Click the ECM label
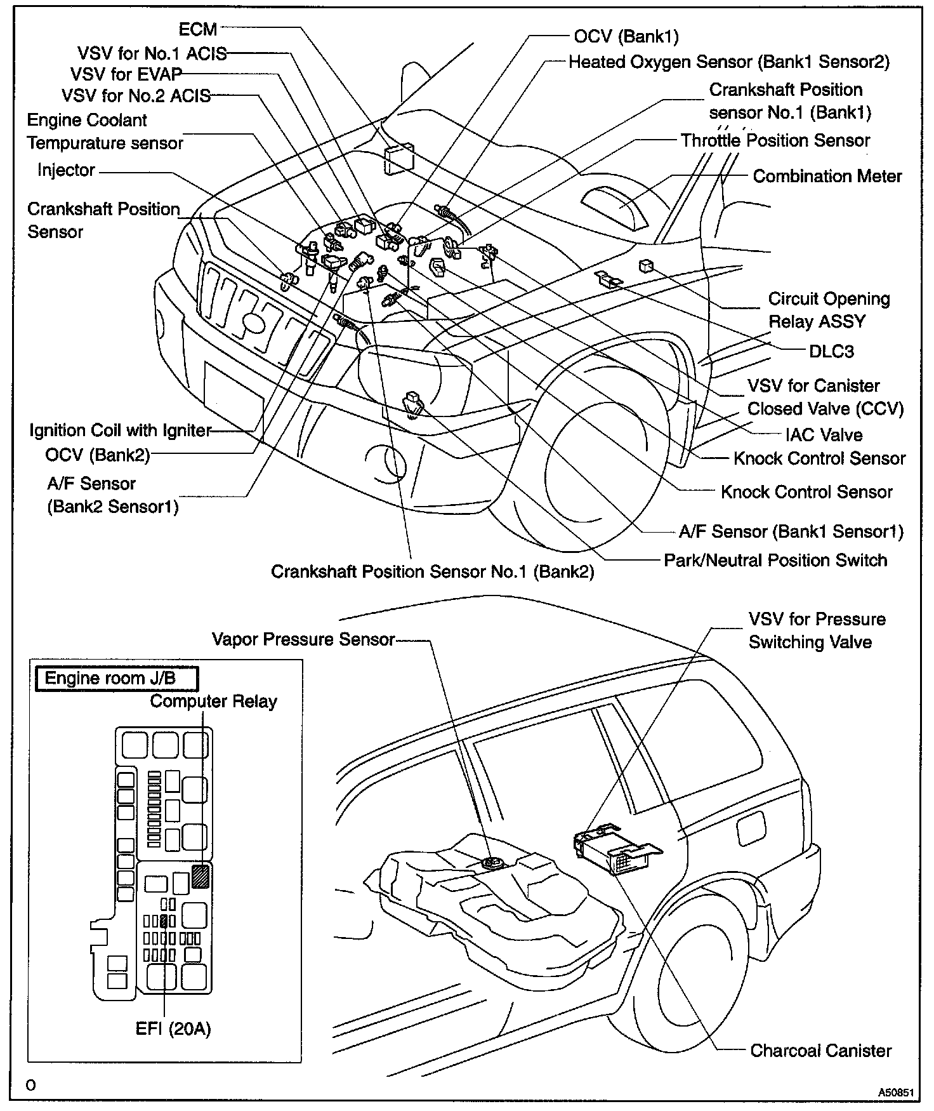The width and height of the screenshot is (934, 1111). tap(198, 29)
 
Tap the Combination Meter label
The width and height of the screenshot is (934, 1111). tap(827, 176)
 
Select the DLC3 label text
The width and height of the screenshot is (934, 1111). tap(831, 351)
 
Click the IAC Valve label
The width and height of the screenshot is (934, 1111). tap(824, 435)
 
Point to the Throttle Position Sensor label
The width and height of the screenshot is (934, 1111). tap(775, 140)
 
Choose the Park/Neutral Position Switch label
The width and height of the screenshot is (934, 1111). tap(775, 560)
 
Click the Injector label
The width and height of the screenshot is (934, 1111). tap(66, 170)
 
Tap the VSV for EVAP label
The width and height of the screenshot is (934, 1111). tap(126, 74)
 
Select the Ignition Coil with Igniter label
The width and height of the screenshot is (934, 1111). tap(120, 430)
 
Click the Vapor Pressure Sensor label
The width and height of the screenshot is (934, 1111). tap(303, 639)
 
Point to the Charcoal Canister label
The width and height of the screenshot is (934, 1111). tap(820, 1051)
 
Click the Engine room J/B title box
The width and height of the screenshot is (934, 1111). tap(116, 678)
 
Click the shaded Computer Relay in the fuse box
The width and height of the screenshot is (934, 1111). tap(201, 876)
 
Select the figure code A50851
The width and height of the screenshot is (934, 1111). tap(896, 1093)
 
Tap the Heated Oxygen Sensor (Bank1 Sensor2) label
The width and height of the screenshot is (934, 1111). tap(728, 62)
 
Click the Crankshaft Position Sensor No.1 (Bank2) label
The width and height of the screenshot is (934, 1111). tap(432, 571)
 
